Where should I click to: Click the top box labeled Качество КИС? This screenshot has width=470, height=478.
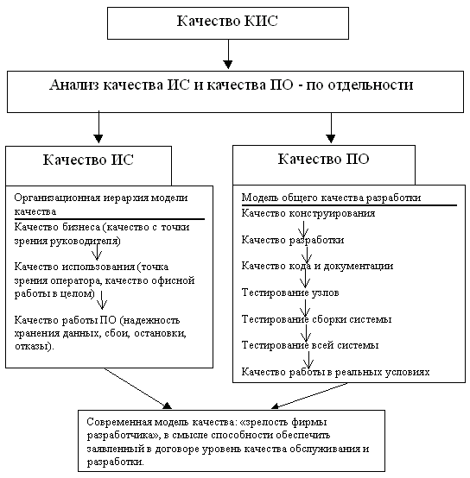(x=227, y=21)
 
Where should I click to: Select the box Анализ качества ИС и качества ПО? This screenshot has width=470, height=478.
(x=231, y=86)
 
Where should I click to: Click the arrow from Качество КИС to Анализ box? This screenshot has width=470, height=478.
(x=227, y=54)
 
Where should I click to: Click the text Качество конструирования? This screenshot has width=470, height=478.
(x=308, y=212)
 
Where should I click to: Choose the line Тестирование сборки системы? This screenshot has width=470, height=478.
(x=316, y=319)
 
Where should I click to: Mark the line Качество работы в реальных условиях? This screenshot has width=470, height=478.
(x=336, y=373)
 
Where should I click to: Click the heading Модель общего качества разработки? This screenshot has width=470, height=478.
(x=331, y=197)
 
